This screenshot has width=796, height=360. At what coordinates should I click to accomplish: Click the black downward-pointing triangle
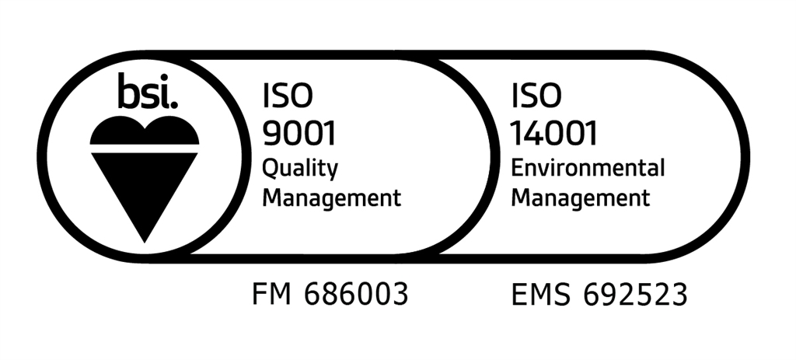(x=145, y=187)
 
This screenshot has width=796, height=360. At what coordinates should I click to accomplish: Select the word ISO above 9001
(x=288, y=96)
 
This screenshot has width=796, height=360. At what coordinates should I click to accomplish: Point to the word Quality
(x=300, y=168)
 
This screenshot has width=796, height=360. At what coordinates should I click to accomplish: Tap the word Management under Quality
(x=331, y=197)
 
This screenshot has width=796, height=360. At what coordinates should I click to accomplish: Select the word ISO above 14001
(x=536, y=96)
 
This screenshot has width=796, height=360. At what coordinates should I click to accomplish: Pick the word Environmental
(x=588, y=167)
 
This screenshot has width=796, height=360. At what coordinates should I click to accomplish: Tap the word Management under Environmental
(x=580, y=197)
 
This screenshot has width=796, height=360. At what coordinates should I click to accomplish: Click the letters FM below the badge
(x=271, y=295)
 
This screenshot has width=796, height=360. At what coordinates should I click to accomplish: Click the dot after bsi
(x=176, y=103)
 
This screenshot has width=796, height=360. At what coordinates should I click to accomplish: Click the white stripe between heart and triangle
(x=145, y=149)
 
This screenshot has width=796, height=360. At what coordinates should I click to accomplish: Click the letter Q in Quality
(x=271, y=167)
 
